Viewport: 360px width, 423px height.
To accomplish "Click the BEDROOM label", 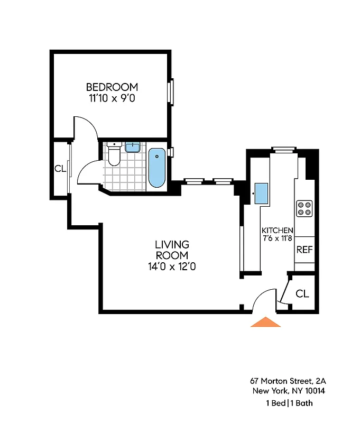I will (x=112, y=87).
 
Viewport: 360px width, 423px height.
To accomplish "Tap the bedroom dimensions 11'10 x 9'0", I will (x=112, y=98).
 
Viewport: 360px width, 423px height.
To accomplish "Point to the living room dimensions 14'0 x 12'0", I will (x=172, y=267).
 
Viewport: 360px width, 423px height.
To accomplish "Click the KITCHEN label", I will (x=278, y=231).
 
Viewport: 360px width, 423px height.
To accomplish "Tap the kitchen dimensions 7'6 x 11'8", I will (x=278, y=238).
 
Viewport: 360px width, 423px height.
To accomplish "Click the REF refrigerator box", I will (x=304, y=250).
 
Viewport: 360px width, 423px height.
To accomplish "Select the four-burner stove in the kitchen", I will (x=304, y=208).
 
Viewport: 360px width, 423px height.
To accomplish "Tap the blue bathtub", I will (x=156, y=167).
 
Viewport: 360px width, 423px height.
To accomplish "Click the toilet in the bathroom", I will (x=114, y=155).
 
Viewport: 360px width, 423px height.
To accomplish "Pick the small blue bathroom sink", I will (x=132, y=146).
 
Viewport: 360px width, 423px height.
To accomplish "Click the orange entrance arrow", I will (x=265, y=322).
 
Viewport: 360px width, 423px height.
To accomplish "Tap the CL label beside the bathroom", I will (x=60, y=169).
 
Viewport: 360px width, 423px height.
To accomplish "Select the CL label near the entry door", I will (x=302, y=293).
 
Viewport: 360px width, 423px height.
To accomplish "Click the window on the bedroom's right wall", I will (x=171, y=92).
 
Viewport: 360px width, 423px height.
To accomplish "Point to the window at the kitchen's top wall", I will (x=283, y=150).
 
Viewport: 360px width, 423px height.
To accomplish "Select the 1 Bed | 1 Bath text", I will (x=289, y=403).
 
